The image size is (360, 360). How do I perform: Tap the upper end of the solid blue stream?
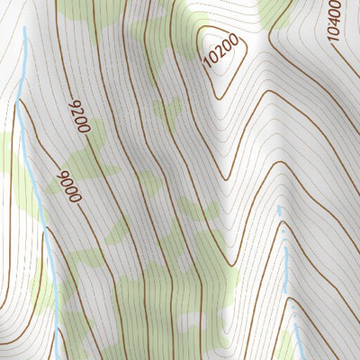pos(24,29)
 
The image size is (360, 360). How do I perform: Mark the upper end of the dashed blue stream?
pos(278,208)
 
